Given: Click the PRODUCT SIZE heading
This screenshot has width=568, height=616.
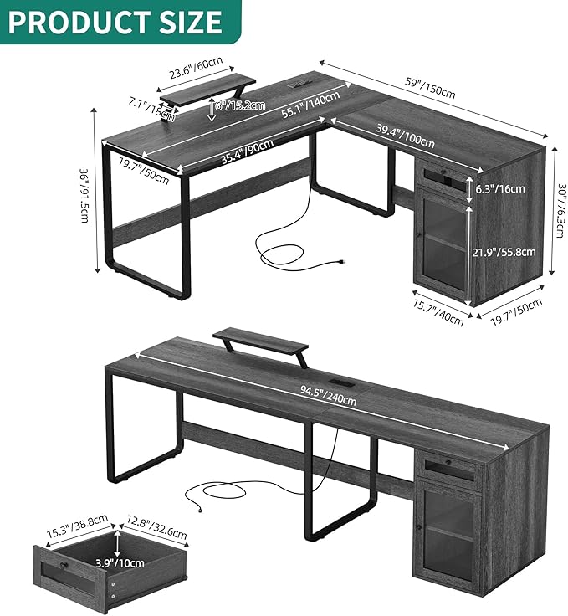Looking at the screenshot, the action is tap(115, 22).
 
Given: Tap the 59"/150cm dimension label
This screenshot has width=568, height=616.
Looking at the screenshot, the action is tap(430, 89).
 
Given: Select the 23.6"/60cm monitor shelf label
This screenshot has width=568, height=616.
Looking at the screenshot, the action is tap(197, 68).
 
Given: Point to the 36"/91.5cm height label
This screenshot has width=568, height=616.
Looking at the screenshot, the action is tap(84, 196).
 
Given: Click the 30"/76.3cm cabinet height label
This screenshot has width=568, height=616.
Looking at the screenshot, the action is tap(562, 211).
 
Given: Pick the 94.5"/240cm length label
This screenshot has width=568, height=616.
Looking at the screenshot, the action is tap(329, 396).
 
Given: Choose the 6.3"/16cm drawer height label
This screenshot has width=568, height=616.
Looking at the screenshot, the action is tap(500, 189).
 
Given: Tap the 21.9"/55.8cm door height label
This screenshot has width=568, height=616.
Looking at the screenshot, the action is tap(504, 252).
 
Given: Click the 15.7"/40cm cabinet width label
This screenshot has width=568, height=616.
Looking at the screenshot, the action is tap(438, 314).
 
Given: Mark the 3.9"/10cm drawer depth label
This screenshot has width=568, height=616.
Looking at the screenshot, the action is tap(120, 563).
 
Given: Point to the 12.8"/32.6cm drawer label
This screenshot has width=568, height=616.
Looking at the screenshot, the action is tap(156, 527).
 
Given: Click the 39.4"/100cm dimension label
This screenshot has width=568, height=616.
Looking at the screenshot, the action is tap(406, 136).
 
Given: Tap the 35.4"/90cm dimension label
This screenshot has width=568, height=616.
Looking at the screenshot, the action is tap(248, 151).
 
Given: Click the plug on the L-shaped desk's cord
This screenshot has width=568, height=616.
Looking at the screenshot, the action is tap(342, 261).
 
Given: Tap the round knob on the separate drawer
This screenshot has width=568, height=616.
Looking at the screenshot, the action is tap(64, 566).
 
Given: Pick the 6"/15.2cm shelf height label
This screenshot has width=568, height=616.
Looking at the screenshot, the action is tap(240, 105).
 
